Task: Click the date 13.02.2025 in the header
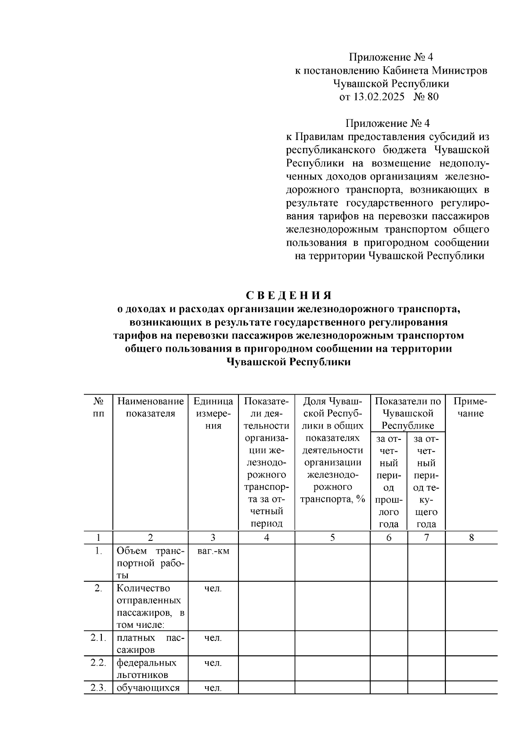pos(378,97)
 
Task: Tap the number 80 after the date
pos(432,97)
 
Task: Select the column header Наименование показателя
pos(151,407)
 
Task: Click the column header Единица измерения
pos(213,413)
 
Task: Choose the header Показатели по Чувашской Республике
pos(408,413)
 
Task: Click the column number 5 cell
pos(332,537)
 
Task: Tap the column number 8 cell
pos(471,537)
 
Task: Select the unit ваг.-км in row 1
pos(213,551)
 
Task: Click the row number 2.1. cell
pos(98,637)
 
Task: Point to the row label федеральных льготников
pos(147,669)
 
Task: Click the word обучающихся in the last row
pos(148,687)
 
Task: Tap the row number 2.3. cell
pos(98,687)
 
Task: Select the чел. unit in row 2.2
pos(213,662)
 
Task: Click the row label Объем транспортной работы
pos(151,563)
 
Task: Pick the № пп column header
pos(98,407)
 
